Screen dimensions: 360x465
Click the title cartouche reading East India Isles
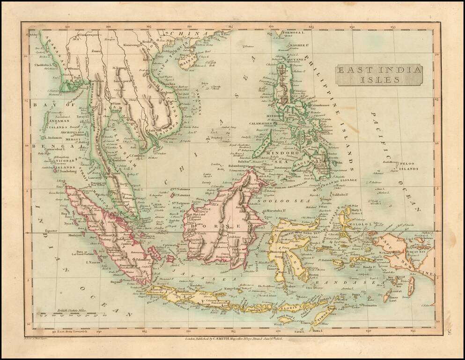(x=379, y=75)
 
